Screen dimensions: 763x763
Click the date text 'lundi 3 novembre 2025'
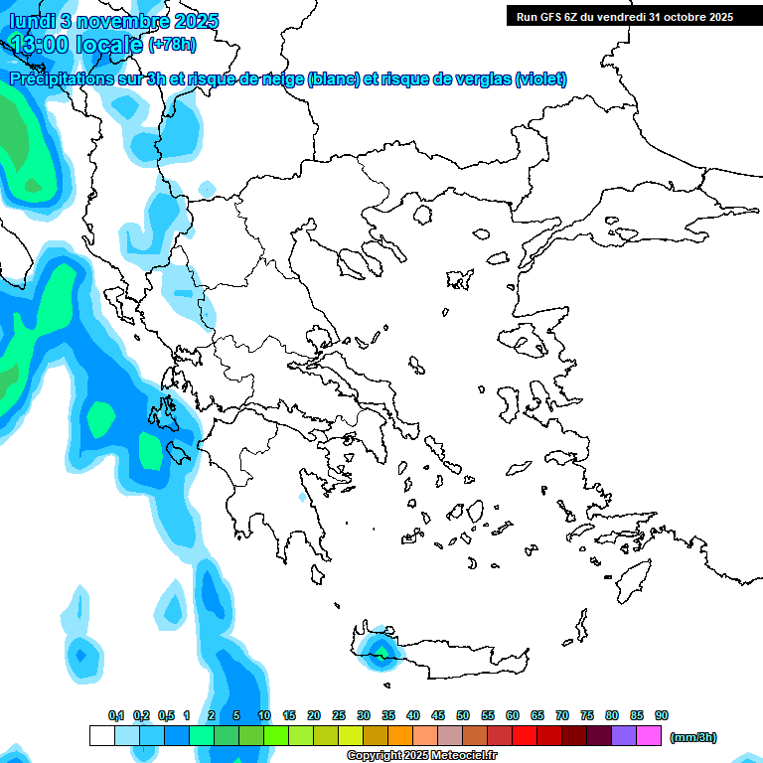[x=114, y=21]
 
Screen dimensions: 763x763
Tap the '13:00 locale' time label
[x=76, y=44]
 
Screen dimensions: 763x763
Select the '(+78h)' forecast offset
[x=172, y=45]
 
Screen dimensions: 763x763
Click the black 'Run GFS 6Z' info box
[x=621, y=16]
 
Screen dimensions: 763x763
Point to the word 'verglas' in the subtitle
[x=479, y=79]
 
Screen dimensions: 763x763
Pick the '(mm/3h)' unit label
[x=692, y=737]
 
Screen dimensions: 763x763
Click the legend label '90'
[x=662, y=715]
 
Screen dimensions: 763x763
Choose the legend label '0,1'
[x=115, y=715]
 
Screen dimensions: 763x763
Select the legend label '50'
[x=463, y=715]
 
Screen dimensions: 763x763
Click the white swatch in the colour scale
[x=101, y=735]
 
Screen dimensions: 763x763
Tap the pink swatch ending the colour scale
[x=649, y=735]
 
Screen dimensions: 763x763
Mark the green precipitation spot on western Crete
[x=380, y=653]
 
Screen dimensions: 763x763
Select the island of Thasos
[x=422, y=215]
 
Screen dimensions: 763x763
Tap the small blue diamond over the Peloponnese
[x=302, y=496]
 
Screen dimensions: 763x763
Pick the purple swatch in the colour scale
[x=624, y=735]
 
